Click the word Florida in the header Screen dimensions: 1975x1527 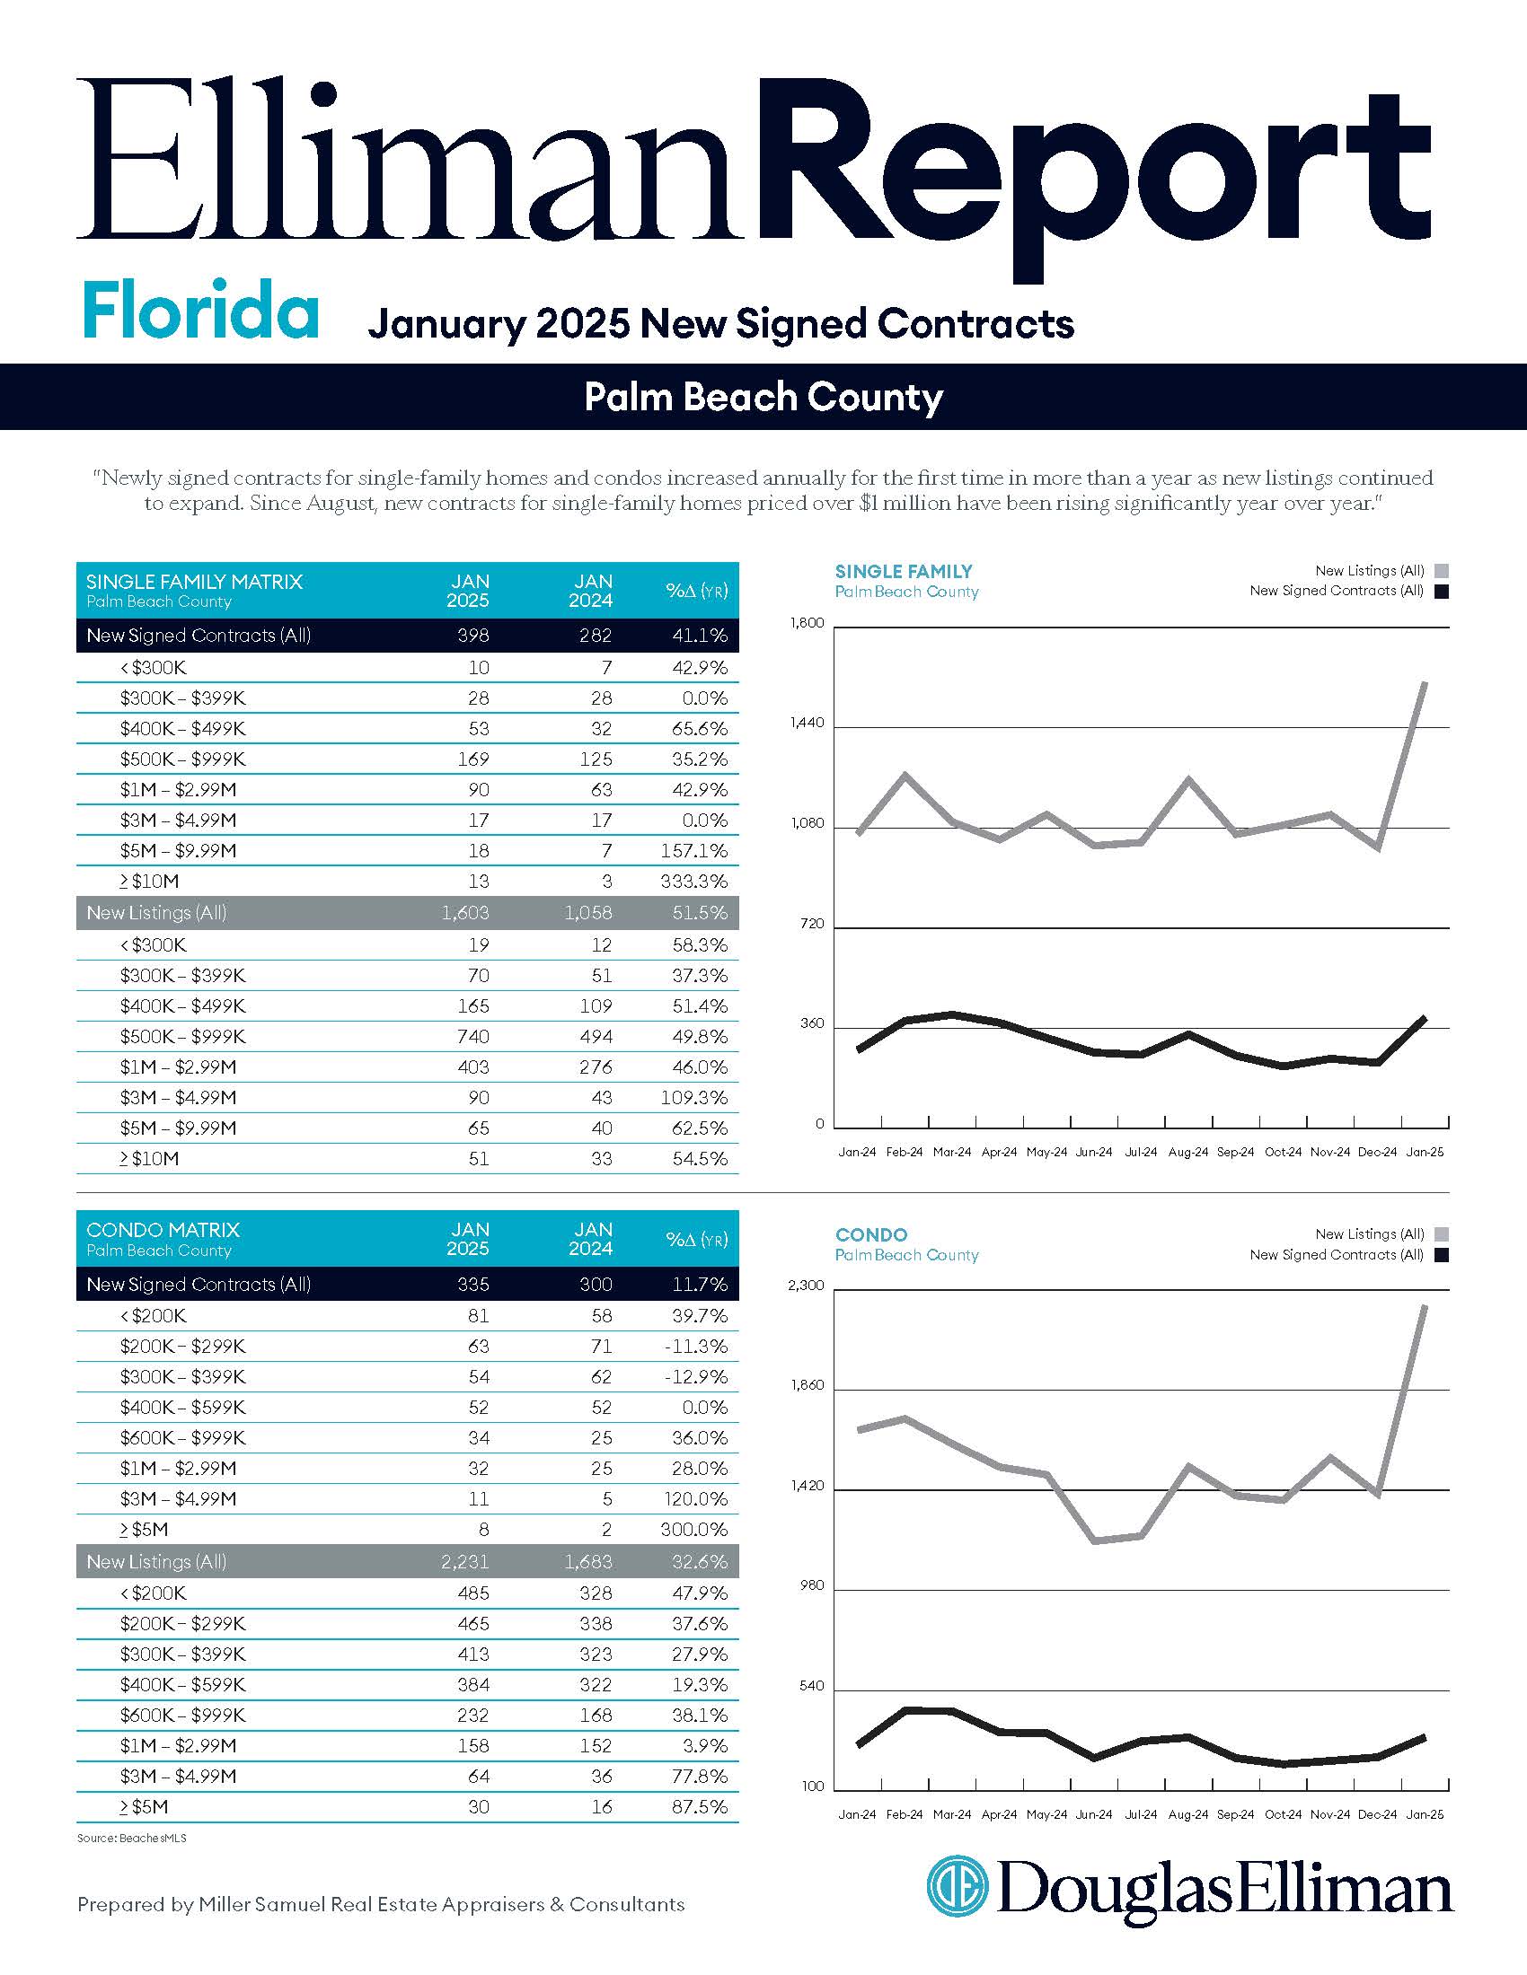pyautogui.click(x=200, y=311)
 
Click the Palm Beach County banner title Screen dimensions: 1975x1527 pyautogui.click(x=763, y=397)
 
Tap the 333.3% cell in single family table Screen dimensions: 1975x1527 pyautogui.click(x=693, y=881)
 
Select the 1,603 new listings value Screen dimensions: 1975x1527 pyautogui.click(x=465, y=913)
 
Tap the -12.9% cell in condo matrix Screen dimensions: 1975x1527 pyautogui.click(x=695, y=1376)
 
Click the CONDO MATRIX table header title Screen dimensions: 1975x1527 pyautogui.click(x=163, y=1230)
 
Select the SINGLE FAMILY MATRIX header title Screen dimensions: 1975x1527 pyautogui.click(x=195, y=582)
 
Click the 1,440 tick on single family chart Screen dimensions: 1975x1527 pyautogui.click(x=807, y=723)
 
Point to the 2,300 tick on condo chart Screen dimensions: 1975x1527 pyautogui.click(x=807, y=1285)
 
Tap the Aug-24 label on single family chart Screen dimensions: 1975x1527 pyautogui.click(x=1187, y=1152)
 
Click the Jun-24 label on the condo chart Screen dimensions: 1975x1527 pyautogui.click(x=1094, y=1815)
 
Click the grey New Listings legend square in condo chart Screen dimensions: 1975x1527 pyautogui.click(x=1441, y=1234)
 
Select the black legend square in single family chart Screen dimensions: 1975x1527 pyautogui.click(x=1441, y=592)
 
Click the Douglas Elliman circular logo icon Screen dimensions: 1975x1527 pyautogui.click(x=958, y=1885)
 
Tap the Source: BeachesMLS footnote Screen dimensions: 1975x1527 pyautogui.click(x=132, y=1839)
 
